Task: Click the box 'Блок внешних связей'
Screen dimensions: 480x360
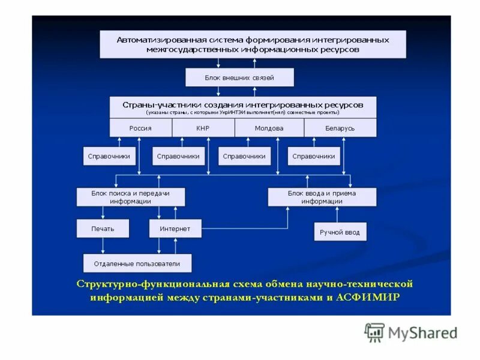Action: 239,77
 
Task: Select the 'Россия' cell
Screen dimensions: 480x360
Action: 140,128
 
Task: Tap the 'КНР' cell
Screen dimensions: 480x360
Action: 202,128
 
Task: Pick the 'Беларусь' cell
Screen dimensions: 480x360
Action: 340,128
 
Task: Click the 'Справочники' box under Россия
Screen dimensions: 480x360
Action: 109,156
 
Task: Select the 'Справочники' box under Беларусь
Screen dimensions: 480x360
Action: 314,156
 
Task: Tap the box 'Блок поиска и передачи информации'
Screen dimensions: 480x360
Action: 130,197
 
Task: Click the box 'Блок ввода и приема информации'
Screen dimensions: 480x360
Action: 322,197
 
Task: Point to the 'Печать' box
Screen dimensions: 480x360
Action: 103,229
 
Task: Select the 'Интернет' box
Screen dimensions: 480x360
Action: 175,229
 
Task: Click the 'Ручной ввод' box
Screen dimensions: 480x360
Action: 340,232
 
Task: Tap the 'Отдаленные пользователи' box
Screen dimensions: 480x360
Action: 137,263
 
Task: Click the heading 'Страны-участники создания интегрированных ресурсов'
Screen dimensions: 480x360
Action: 243,104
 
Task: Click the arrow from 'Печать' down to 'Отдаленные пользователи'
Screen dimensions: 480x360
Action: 103,245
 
